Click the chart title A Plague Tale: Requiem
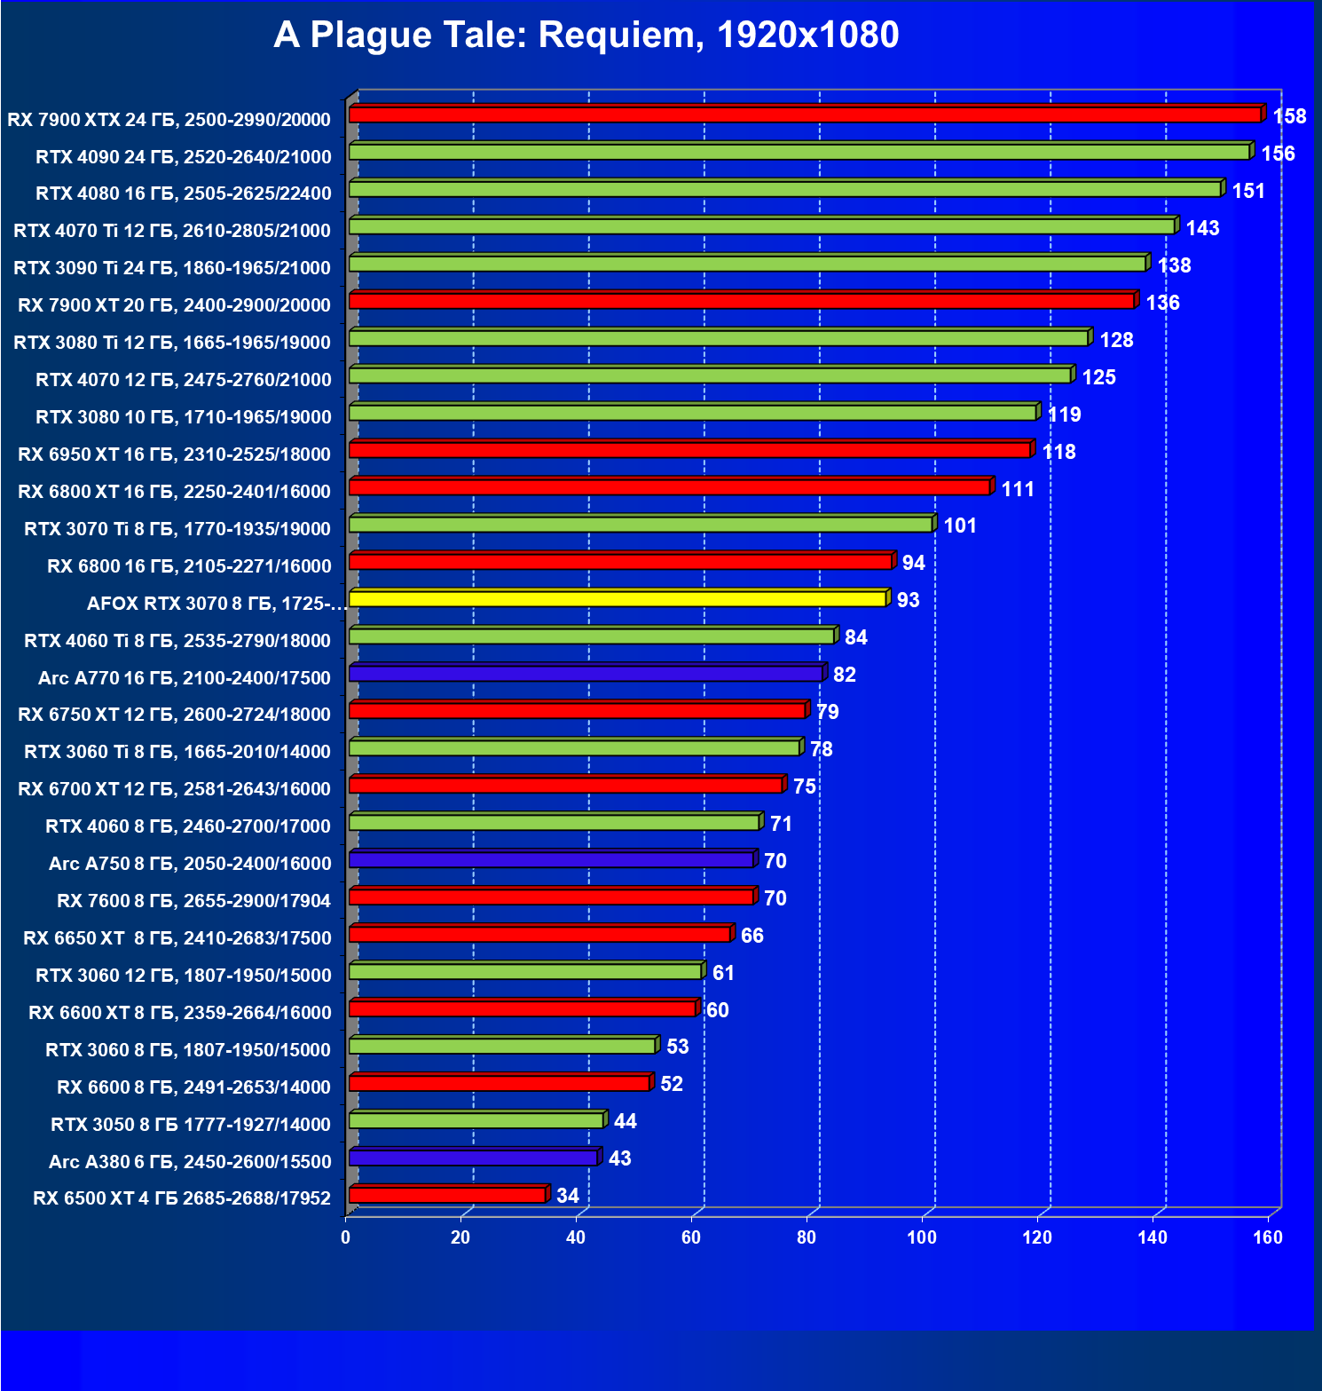click(x=586, y=36)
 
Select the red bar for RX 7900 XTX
click(x=804, y=115)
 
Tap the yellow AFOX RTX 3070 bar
click(x=618, y=598)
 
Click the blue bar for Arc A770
click(x=586, y=674)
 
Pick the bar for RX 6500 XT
click(x=447, y=1195)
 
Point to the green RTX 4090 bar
click(x=799, y=152)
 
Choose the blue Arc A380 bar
click(x=473, y=1158)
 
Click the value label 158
click(x=1289, y=116)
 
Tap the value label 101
click(x=960, y=526)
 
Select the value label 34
click(x=568, y=1196)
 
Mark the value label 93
click(x=908, y=600)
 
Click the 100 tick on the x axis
click(x=922, y=1237)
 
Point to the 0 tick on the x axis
click(x=346, y=1237)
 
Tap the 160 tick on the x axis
click(x=1268, y=1237)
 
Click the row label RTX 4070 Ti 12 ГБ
click(x=172, y=231)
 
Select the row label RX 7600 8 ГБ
click(x=193, y=901)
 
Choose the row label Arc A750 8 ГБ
click(x=190, y=864)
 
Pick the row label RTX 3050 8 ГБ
click(x=191, y=1125)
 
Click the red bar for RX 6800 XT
click(x=670, y=487)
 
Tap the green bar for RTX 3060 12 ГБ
click(x=525, y=971)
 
